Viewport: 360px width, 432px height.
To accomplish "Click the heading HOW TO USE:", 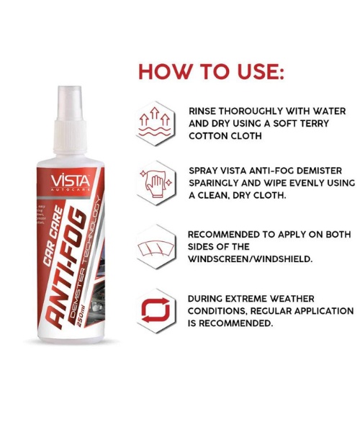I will click(x=211, y=73).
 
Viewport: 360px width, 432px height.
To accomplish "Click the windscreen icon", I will click(x=156, y=247).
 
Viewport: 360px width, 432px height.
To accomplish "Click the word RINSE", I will click(x=204, y=112).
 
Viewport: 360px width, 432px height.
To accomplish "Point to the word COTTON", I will click(x=208, y=135).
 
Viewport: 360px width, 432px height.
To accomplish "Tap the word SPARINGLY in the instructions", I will click(x=218, y=183).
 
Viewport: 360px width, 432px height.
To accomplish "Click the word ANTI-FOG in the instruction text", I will click(x=273, y=171).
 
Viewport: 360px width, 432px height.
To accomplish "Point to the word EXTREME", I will click(x=253, y=299).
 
